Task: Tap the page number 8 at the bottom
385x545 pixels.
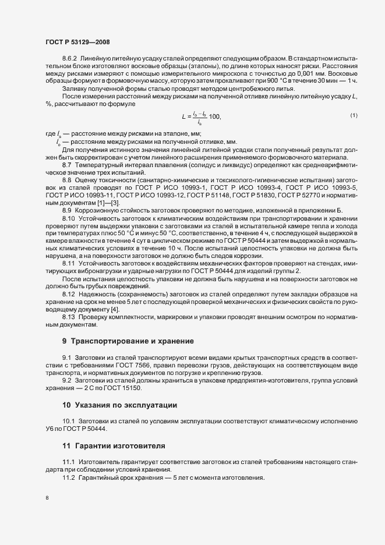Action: [47, 498]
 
